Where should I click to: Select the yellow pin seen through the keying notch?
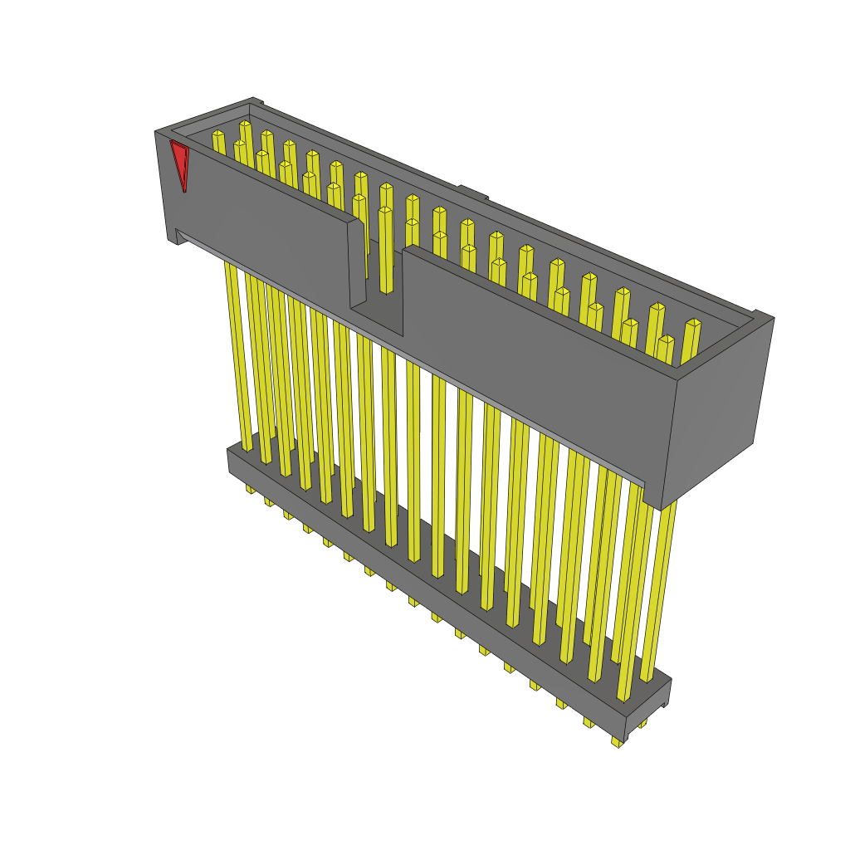[x=386, y=249]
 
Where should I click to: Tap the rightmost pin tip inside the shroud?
[x=692, y=325]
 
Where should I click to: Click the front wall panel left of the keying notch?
[x=266, y=224]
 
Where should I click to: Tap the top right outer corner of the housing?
[x=772, y=317]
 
